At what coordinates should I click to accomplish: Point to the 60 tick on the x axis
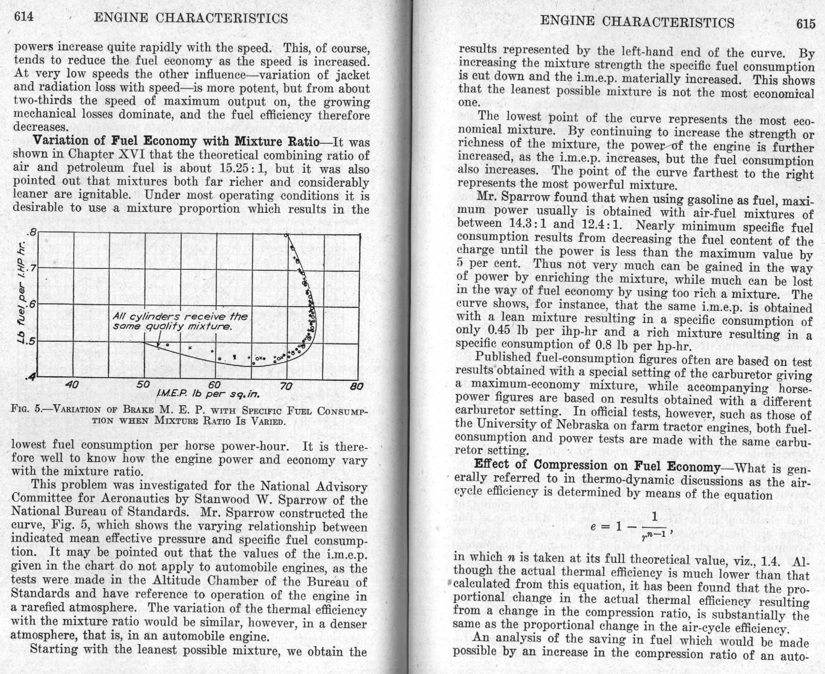[214, 385]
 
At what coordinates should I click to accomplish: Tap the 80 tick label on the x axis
[357, 386]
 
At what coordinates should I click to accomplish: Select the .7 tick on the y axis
[31, 268]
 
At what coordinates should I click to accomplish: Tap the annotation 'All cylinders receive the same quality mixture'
[180, 321]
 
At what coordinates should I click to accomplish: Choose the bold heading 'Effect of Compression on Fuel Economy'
[597, 466]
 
